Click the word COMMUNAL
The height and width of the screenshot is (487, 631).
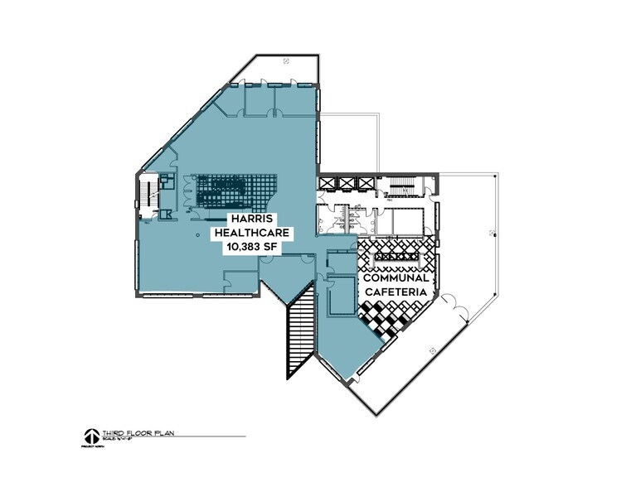click(x=396, y=279)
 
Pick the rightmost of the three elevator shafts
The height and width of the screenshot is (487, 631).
click(x=362, y=183)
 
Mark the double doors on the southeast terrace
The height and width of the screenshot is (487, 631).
click(x=459, y=310)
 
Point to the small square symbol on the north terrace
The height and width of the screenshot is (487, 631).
click(x=285, y=60)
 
